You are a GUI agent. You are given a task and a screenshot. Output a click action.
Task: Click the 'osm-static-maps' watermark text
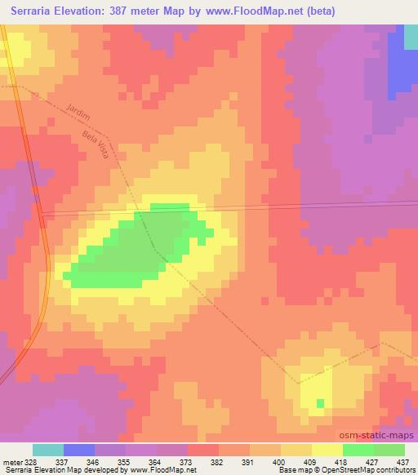point(378,436)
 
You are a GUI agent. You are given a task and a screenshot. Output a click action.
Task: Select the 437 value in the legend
point(400,462)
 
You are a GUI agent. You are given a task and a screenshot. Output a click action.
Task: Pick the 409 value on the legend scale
point(311,462)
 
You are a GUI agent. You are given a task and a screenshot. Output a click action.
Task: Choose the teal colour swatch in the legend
point(48,450)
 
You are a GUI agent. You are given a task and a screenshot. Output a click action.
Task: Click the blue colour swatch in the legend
point(79,450)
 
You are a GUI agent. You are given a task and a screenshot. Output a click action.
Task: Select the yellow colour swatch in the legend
point(327,450)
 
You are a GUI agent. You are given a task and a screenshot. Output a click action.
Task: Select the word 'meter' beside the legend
point(11,462)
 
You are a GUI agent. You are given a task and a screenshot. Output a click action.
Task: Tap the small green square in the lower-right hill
point(320,403)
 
